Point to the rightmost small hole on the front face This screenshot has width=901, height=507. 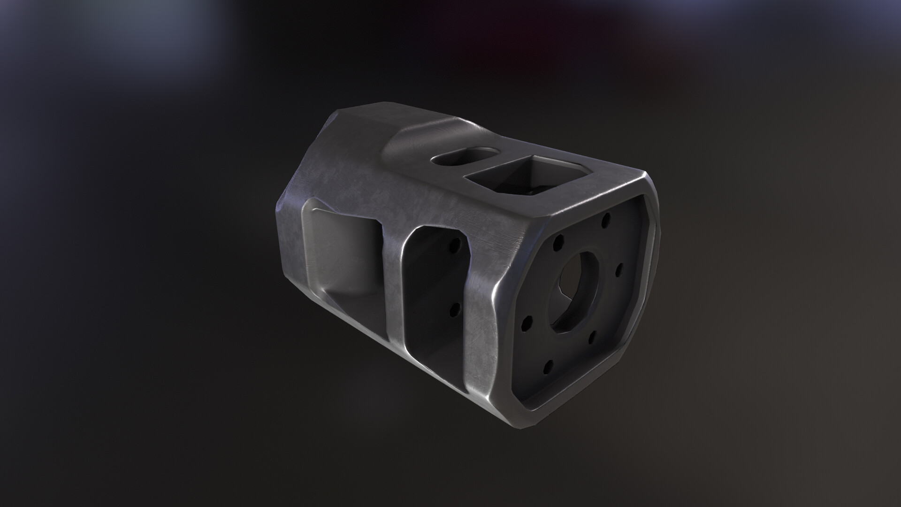[x=618, y=269]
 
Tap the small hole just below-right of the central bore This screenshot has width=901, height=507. [x=592, y=335]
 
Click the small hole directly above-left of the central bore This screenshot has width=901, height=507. [x=558, y=242]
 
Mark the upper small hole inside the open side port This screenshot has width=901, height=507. [x=454, y=246]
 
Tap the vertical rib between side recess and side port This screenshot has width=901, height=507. [x=393, y=282]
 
